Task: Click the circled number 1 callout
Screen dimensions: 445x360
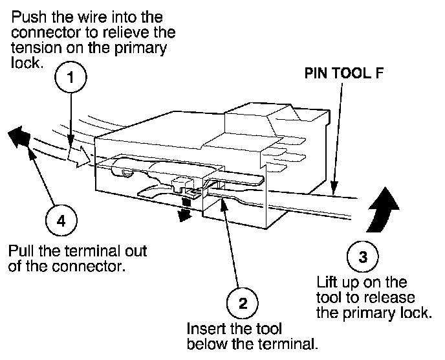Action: click(71, 77)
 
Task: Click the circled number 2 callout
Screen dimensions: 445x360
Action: click(243, 304)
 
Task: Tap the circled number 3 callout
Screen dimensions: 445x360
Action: click(363, 257)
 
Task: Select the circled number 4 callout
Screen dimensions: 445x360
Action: click(61, 220)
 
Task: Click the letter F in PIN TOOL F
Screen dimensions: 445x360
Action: click(380, 73)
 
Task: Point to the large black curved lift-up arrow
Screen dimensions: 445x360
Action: click(382, 209)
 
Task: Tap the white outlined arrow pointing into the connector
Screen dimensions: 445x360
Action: click(80, 157)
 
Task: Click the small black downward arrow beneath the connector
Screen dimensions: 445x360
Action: click(184, 211)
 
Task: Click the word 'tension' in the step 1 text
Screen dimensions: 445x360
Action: click(36, 48)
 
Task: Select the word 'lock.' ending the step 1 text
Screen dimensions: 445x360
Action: click(27, 63)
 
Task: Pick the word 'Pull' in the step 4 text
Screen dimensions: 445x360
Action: click(21, 251)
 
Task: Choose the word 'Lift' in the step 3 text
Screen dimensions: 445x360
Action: click(327, 282)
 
